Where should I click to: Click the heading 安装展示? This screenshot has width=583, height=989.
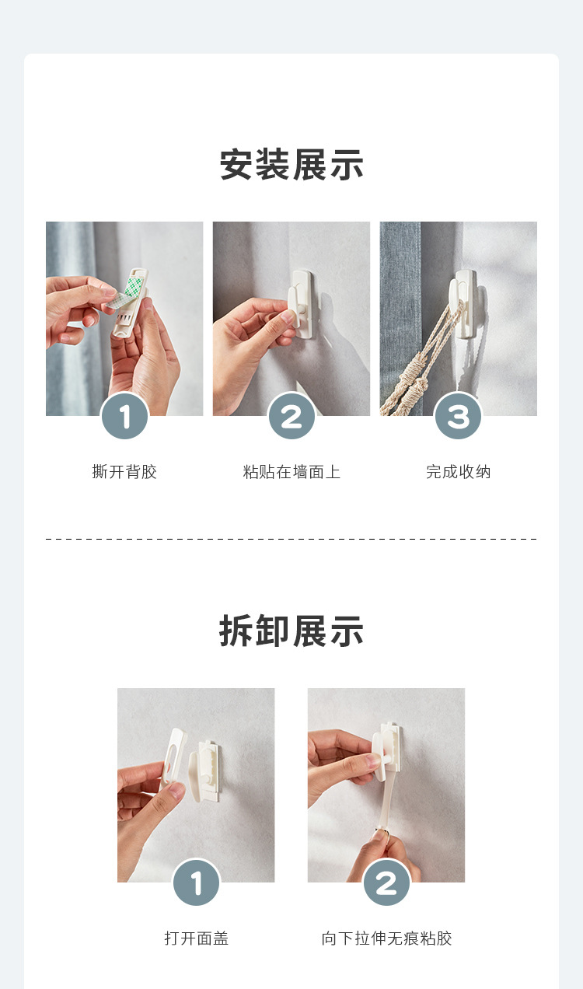pos(291,165)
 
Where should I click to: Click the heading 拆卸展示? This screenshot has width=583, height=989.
pos(291,631)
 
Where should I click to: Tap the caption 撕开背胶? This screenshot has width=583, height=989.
pos(124,471)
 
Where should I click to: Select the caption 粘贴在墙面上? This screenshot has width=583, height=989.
pos(291,471)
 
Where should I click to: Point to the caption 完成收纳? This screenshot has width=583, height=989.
pos(458,471)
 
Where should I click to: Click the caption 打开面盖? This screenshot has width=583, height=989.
pos(197,938)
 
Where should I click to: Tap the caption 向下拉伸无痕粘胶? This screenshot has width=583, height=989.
pos(386,938)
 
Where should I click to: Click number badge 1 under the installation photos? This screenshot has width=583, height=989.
pos(124,416)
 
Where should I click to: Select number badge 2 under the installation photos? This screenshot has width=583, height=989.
pos(291,416)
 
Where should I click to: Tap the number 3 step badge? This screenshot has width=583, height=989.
pos(458,416)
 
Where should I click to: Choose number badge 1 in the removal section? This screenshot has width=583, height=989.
pos(197,882)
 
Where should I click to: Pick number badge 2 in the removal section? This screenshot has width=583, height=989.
pos(386,882)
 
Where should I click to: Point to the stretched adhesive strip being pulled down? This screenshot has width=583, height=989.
pos(386,799)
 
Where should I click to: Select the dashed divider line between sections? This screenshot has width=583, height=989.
pos(291,539)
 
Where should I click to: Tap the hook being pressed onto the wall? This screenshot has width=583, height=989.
pos(301,304)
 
